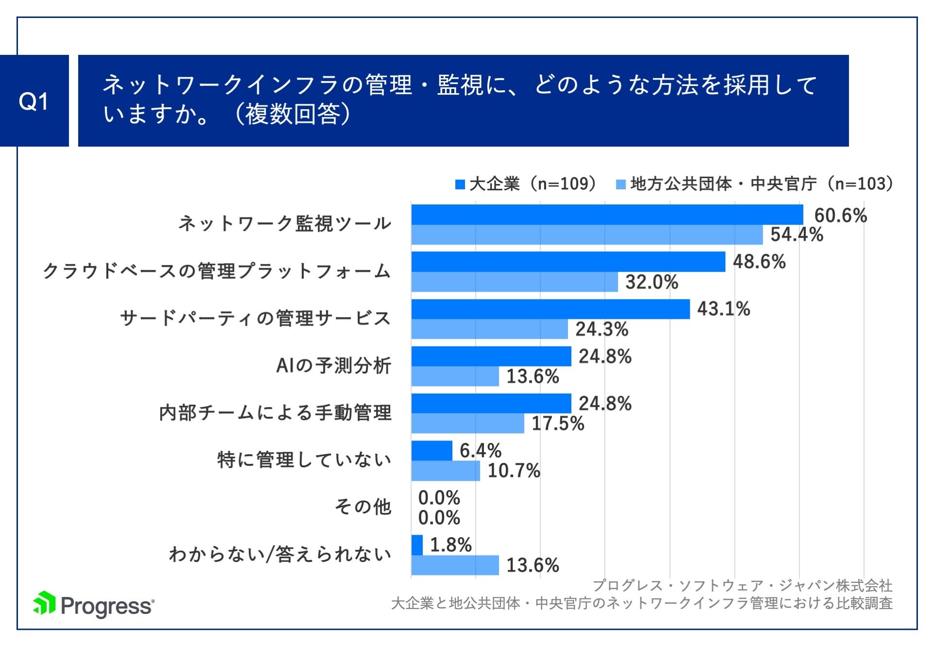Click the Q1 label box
34,101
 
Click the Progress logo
94,605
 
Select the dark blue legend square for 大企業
460,184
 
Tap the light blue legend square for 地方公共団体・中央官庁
620,184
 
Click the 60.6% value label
840,215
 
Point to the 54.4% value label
797,235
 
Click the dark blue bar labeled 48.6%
568,262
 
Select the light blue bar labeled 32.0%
515,282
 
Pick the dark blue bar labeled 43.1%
550,309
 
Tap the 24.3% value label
601,330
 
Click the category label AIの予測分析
333,365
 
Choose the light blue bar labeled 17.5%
467,424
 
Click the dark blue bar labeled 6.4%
432,451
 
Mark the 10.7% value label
514,471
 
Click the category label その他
363,507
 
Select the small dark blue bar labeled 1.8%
417,545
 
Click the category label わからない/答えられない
280,554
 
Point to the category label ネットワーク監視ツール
285,224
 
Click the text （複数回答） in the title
293,115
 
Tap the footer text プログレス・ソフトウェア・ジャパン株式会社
742,586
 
